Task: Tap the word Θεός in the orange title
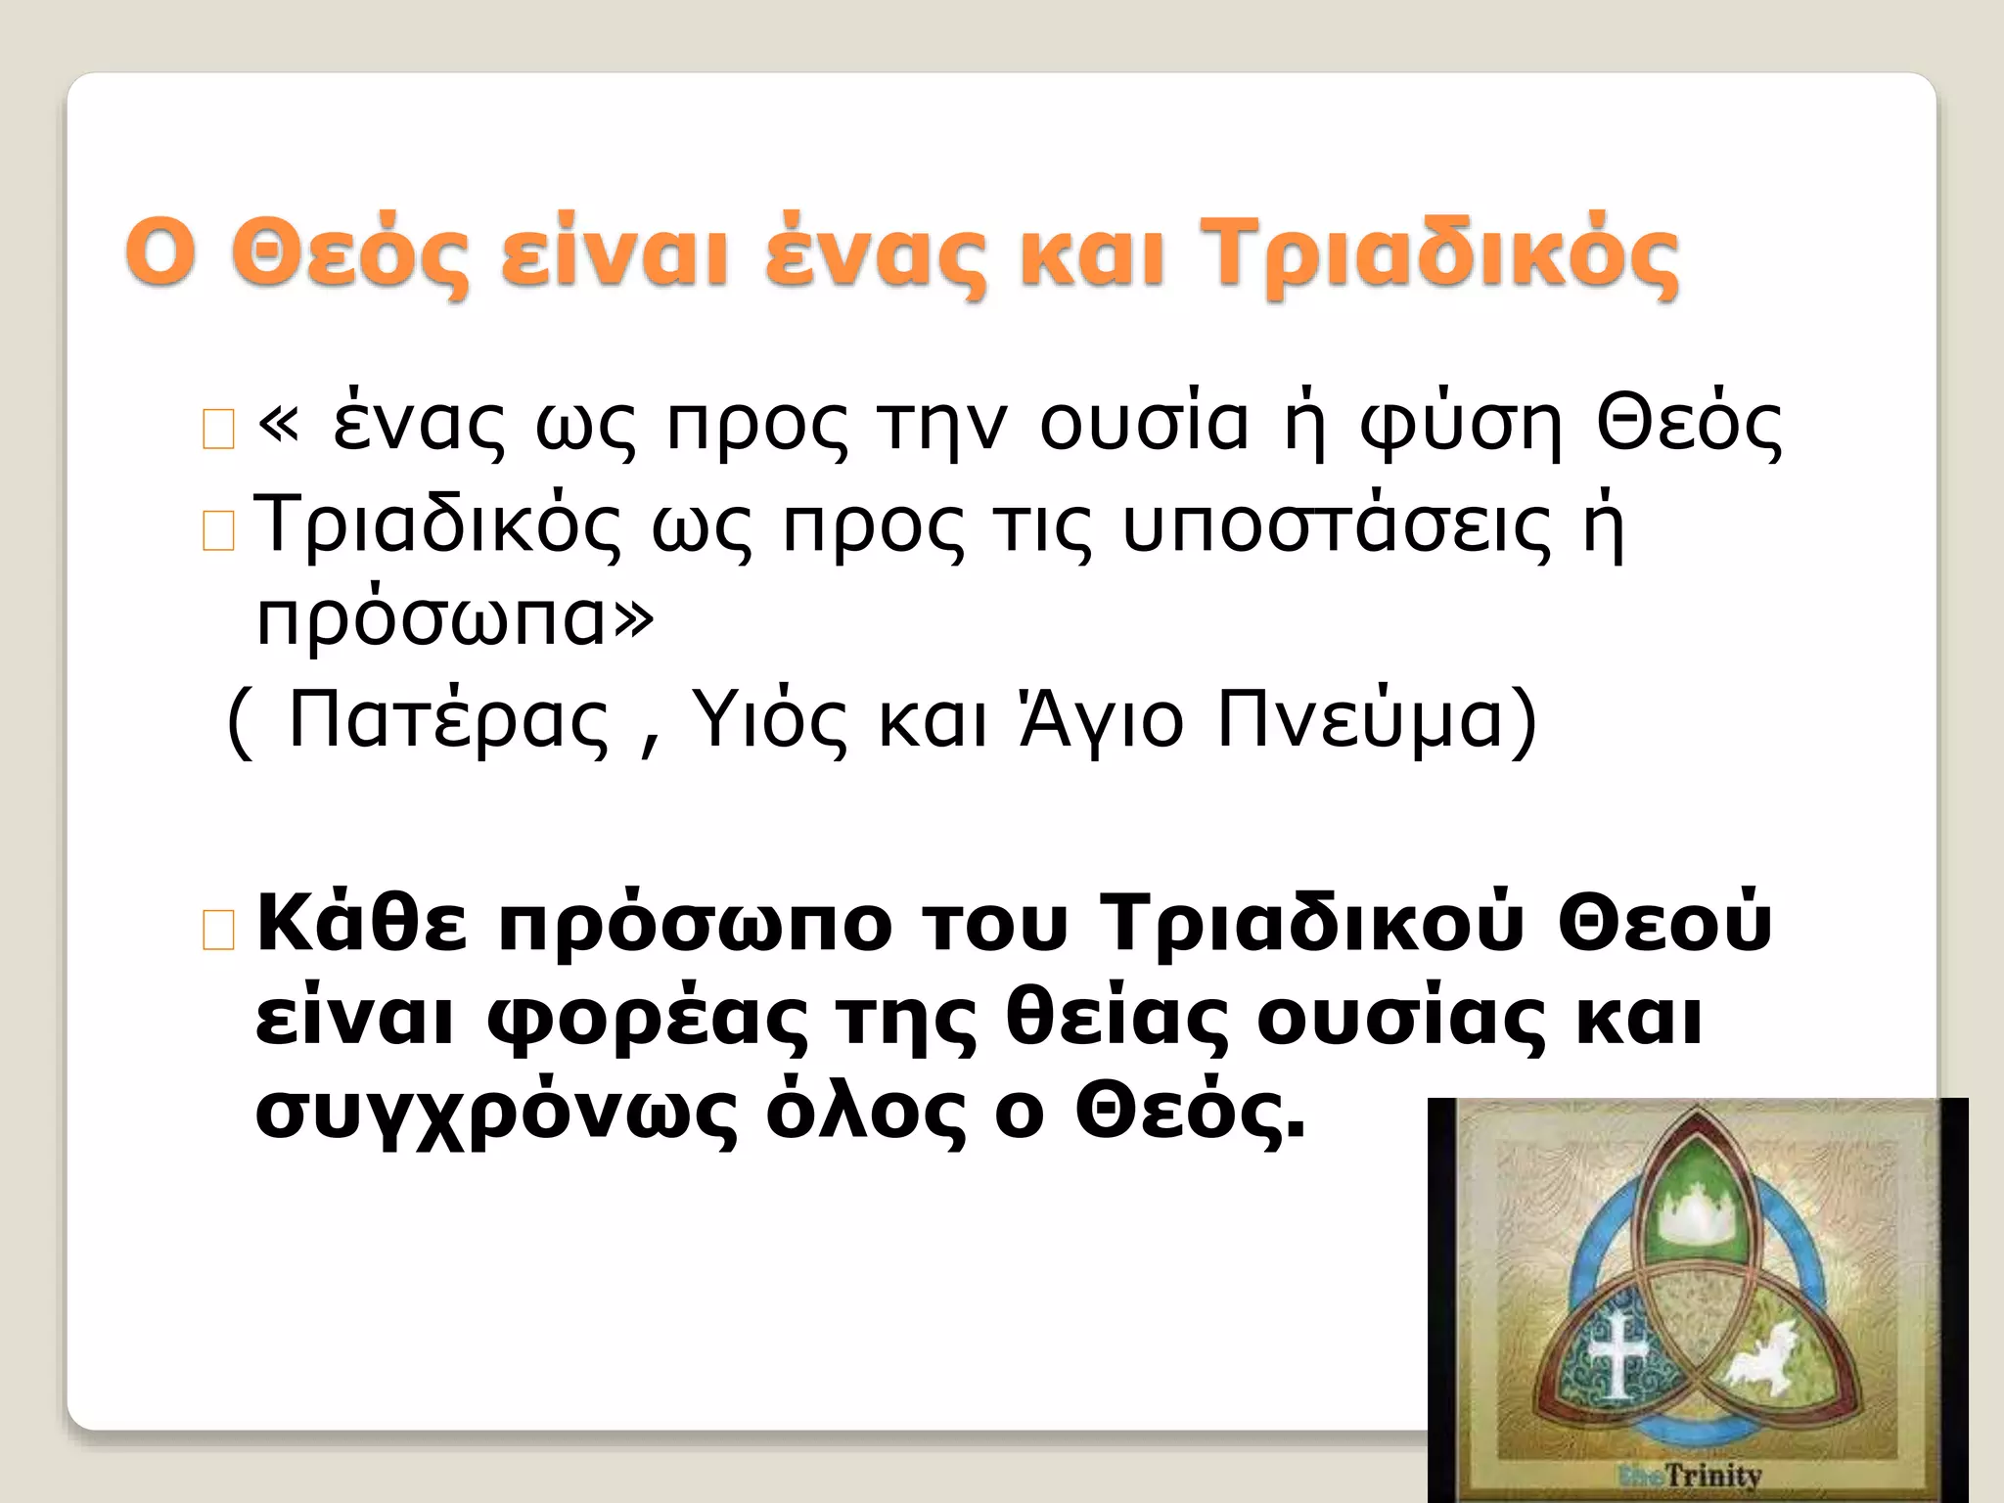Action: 346,253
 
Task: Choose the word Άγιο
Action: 1102,719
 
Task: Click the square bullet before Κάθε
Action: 218,931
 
